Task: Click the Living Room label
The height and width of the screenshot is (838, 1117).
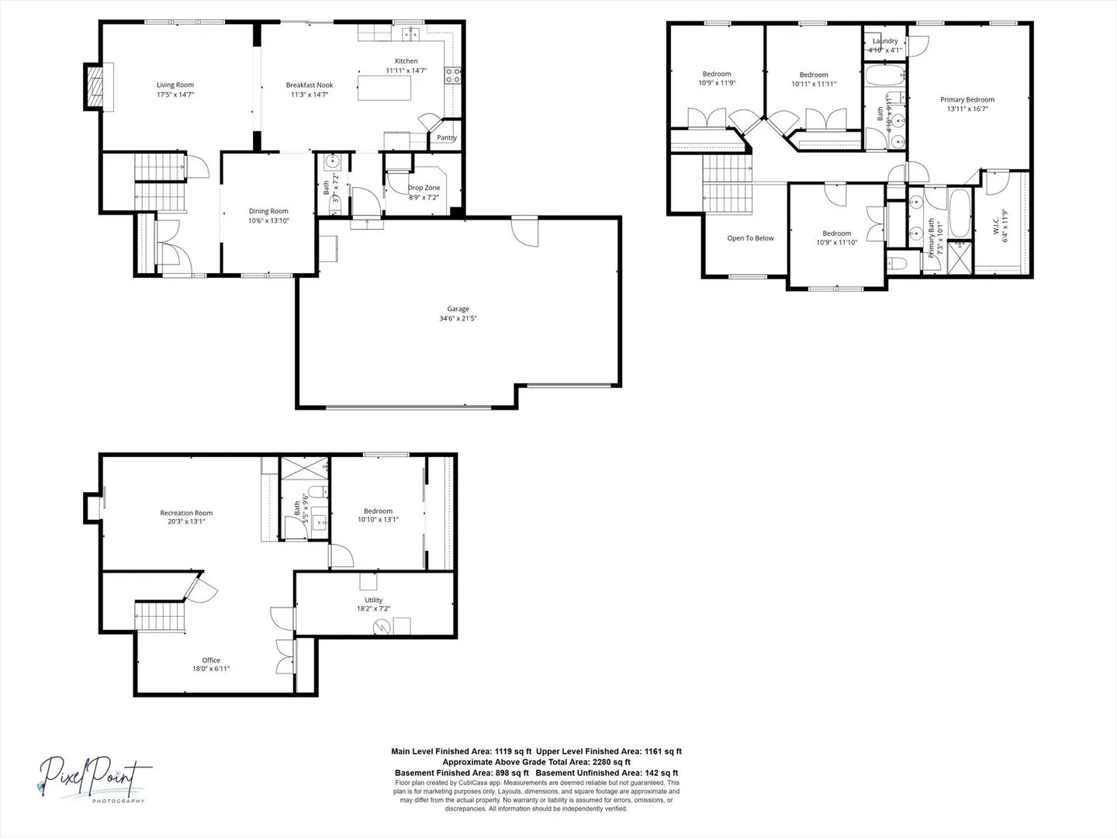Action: pos(175,85)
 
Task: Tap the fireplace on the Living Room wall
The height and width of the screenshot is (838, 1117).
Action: pos(94,86)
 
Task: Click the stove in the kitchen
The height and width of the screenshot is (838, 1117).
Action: pos(452,76)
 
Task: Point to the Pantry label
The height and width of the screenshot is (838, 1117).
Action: pos(447,138)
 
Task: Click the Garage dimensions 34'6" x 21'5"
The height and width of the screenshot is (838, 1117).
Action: pos(458,318)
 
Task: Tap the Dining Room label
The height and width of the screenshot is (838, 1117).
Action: pos(268,211)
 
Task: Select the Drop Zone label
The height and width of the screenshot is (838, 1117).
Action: pos(424,188)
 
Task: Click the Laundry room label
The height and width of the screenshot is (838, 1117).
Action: pos(885,41)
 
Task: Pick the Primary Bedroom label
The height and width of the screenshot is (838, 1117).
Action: pos(967,99)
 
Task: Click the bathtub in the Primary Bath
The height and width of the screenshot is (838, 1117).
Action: pos(959,213)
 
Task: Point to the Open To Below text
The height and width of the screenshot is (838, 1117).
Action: pos(750,238)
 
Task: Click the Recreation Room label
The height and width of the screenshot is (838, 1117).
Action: pos(186,513)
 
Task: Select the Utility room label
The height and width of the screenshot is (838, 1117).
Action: pos(373,600)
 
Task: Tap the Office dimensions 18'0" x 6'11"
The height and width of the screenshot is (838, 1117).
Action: pos(211,669)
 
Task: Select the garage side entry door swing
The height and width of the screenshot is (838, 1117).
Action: pos(525,233)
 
